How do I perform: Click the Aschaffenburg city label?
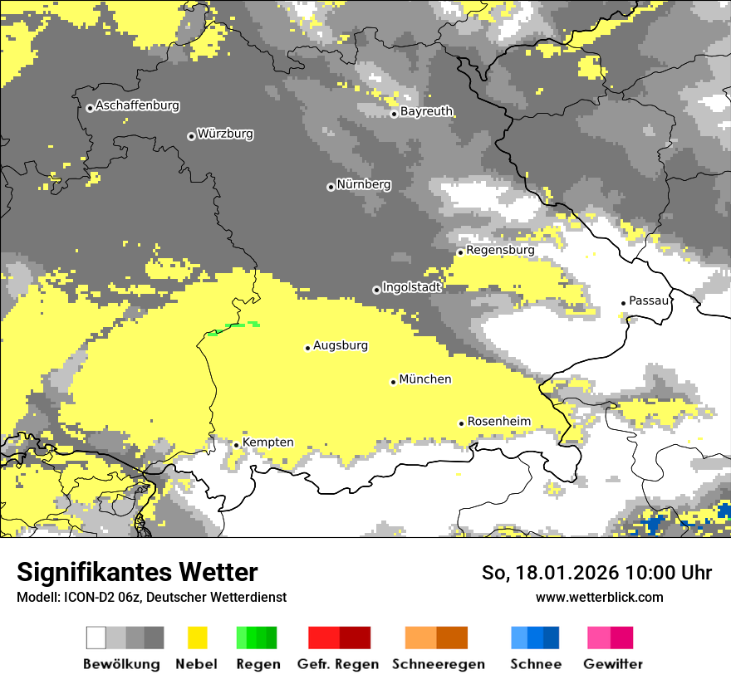click(137, 106)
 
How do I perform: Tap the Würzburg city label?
click(225, 134)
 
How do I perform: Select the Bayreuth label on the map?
click(426, 111)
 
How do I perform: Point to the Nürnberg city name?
click(364, 184)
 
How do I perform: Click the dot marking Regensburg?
click(460, 252)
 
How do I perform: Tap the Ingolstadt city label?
click(412, 287)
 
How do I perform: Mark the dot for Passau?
click(624, 303)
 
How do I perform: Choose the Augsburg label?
click(341, 345)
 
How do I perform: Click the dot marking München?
click(394, 382)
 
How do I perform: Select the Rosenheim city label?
click(498, 422)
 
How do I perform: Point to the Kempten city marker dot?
click(237, 445)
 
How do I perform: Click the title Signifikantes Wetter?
click(137, 573)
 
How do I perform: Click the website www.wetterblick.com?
click(599, 598)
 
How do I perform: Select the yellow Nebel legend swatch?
click(198, 638)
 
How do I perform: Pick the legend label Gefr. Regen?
click(338, 664)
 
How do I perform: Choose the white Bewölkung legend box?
click(96, 638)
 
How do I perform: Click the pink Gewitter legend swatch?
click(599, 638)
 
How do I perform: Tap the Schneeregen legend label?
click(438, 664)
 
